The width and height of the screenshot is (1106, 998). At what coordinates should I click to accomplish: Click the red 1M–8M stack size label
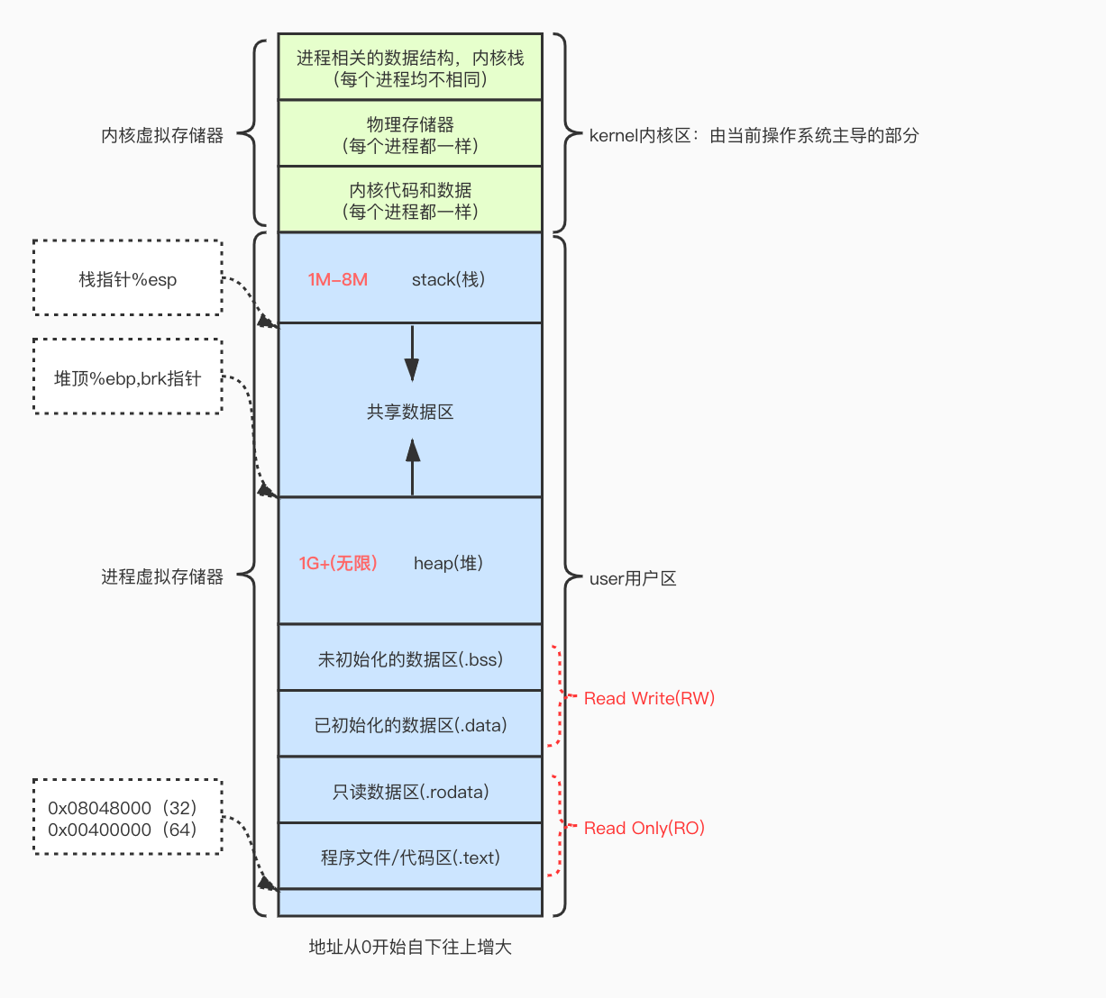coord(337,279)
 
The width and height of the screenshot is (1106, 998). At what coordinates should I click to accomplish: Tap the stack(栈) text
coord(448,279)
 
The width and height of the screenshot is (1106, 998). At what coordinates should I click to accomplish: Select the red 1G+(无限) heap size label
coord(338,563)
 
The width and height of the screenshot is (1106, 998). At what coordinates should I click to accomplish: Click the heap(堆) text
coord(448,563)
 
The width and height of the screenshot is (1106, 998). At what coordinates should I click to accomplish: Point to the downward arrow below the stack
coord(412,353)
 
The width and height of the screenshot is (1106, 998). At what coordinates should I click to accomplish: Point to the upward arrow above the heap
coord(413,467)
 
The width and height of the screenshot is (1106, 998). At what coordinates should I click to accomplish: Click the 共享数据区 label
coord(410,412)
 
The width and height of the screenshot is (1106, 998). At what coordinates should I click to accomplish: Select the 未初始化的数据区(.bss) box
coord(410,658)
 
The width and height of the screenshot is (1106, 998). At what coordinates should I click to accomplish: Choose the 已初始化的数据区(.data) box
coord(410,724)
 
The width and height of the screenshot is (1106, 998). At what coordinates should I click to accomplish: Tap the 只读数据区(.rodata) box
coord(410,791)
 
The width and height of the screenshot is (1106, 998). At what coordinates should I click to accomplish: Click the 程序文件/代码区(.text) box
coord(410,857)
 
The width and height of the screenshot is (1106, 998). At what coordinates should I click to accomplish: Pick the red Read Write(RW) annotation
coord(649,698)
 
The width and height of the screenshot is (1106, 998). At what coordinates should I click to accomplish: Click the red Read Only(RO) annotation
coord(644,828)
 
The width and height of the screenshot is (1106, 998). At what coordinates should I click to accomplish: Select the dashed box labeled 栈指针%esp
coord(128,278)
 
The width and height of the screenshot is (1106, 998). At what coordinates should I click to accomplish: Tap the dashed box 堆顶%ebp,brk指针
coord(128,377)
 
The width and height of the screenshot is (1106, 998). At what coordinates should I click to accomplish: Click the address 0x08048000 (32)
coord(123,808)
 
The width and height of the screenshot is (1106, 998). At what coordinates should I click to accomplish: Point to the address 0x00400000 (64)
coord(123,830)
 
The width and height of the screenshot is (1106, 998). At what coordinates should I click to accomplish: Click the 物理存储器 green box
coord(410,133)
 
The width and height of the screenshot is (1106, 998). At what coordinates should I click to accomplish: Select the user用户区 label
coord(632,578)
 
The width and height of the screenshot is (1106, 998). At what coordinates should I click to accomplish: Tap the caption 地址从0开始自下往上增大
coord(410,947)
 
